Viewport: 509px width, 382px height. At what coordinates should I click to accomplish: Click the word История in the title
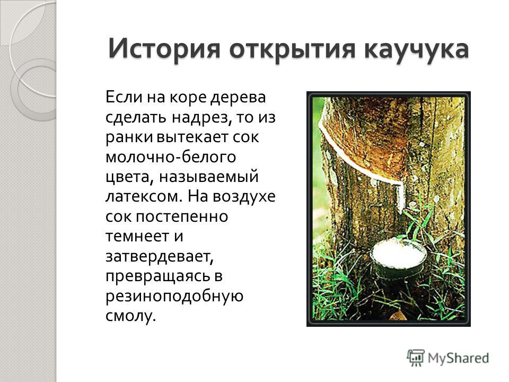click(164, 49)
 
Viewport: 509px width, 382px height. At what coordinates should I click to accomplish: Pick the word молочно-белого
click(171, 157)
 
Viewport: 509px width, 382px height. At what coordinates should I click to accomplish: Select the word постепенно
click(181, 217)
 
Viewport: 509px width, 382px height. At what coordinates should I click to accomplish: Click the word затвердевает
click(160, 257)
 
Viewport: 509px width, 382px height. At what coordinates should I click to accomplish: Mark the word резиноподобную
click(174, 296)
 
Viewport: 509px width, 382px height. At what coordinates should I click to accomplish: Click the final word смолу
click(131, 316)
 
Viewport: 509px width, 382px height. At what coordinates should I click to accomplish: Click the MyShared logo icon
click(416, 358)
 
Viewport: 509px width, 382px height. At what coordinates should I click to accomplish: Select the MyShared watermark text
click(458, 358)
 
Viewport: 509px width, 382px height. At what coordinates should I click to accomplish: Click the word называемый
click(209, 177)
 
